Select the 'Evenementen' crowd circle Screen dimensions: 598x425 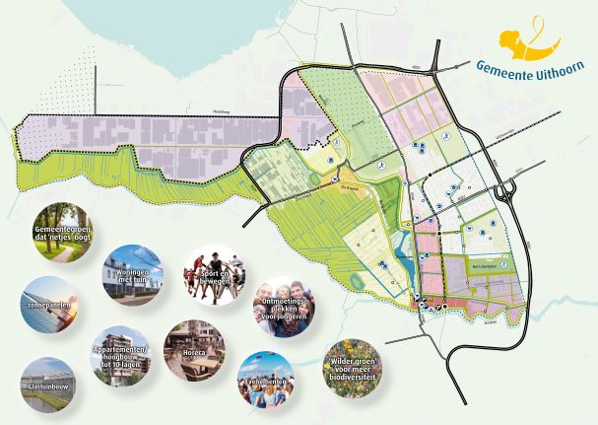pyautogui.click(x=267, y=381)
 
